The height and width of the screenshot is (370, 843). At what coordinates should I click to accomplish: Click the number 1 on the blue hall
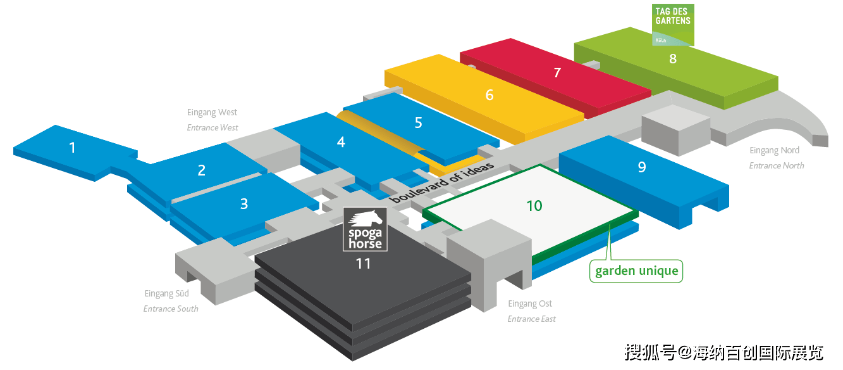(x=73, y=148)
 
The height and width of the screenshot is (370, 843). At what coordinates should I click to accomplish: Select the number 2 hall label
(x=202, y=170)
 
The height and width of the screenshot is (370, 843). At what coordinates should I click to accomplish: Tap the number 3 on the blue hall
(x=244, y=203)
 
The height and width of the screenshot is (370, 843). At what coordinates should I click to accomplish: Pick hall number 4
(x=342, y=142)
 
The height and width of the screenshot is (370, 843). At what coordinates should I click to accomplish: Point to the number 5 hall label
(x=419, y=122)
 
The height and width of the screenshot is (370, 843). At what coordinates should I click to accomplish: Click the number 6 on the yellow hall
(x=489, y=94)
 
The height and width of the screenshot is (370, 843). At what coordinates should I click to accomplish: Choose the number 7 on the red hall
(x=557, y=72)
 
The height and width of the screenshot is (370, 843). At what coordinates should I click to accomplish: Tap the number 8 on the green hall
(x=673, y=58)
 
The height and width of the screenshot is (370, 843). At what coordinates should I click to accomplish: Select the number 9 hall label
(x=642, y=167)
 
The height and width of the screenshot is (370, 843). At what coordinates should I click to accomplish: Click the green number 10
(x=534, y=205)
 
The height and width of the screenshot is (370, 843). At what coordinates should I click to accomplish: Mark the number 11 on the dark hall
(x=363, y=263)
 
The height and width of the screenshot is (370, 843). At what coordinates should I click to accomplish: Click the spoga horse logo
(x=365, y=229)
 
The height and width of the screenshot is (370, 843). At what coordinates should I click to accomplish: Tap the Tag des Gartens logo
(x=673, y=25)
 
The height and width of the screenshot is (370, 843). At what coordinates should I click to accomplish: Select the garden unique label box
(x=637, y=271)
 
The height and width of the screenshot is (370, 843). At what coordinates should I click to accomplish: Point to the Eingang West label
(x=212, y=113)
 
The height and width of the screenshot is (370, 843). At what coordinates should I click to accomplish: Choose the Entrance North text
(x=777, y=165)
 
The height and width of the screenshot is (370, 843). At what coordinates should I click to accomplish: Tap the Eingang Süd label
(x=167, y=294)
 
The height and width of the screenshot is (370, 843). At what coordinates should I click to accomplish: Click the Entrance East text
(x=532, y=319)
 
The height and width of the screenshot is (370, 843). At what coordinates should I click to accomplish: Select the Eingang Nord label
(x=774, y=150)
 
